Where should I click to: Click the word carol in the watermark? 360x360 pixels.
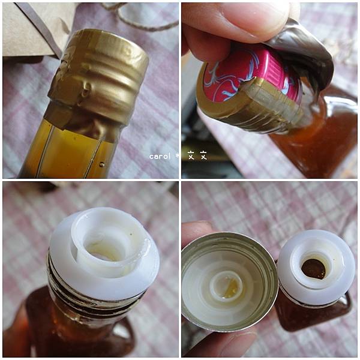[x=160, y=157]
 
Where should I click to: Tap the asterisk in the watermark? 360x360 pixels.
[x=178, y=155]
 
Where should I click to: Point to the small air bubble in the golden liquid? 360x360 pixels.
[x=102, y=164]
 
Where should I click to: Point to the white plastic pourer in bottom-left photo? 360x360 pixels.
[x=104, y=253]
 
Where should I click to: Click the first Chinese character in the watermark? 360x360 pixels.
[x=191, y=155]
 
